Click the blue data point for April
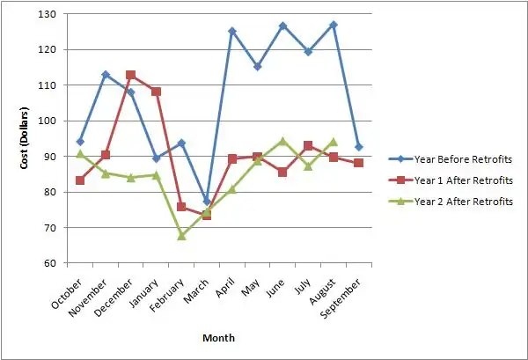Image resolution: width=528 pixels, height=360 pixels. click(232, 31)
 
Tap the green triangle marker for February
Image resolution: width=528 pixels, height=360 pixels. click(181, 236)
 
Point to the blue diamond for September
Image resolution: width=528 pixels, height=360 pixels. click(359, 147)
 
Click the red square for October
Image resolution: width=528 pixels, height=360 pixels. click(80, 180)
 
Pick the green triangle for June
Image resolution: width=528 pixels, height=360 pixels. click(283, 141)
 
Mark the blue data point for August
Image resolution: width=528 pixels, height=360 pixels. click(334, 25)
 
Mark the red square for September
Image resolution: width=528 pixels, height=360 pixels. click(359, 164)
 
